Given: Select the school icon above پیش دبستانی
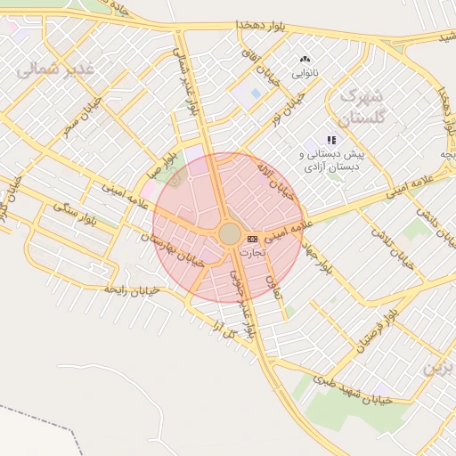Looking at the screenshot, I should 331,140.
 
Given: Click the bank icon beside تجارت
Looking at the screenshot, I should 252,239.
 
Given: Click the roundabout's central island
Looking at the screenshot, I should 229,234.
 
